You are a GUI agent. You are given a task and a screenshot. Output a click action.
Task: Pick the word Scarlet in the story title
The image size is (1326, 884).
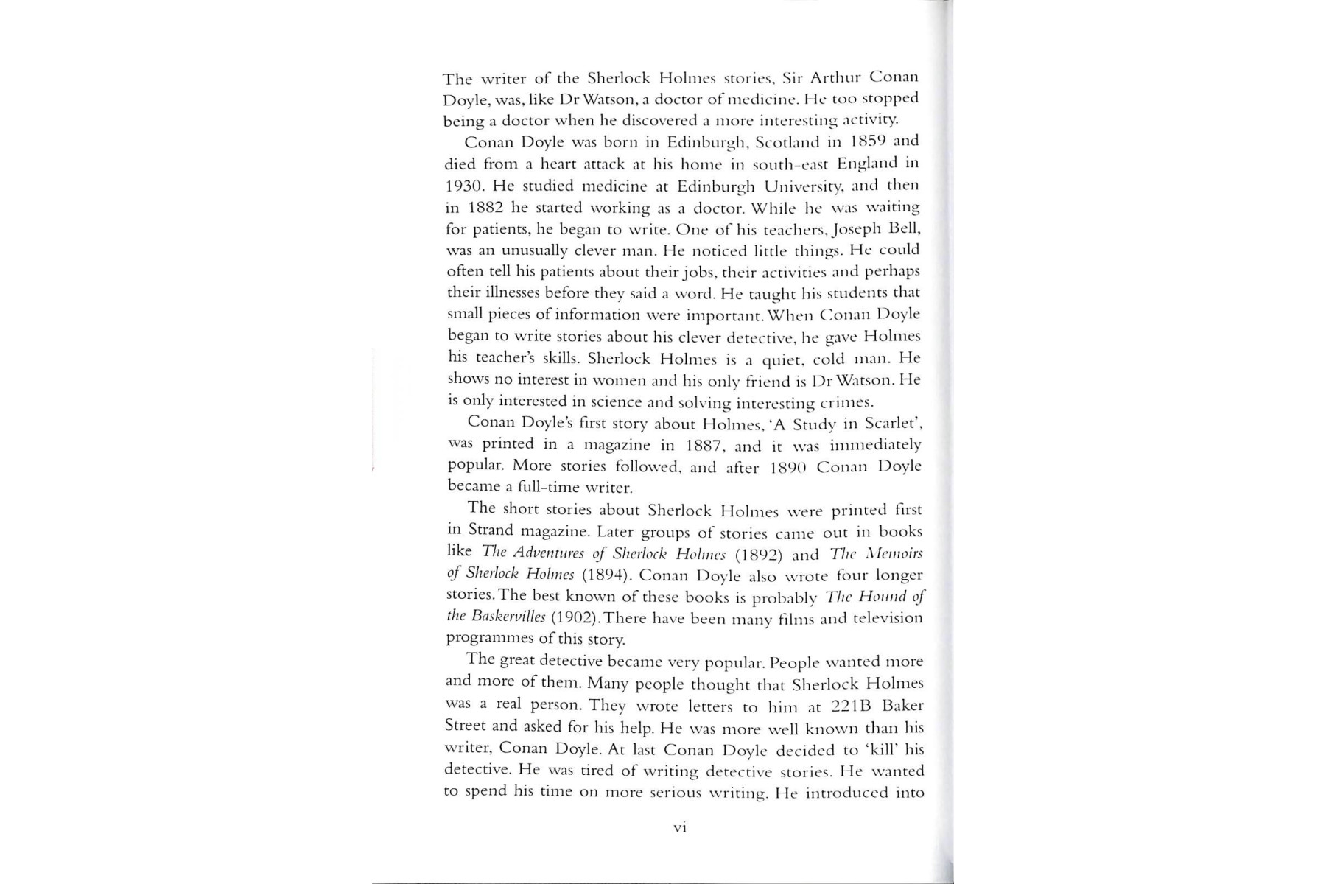click(x=891, y=424)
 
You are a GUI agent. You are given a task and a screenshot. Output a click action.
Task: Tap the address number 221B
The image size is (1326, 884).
click(x=851, y=706)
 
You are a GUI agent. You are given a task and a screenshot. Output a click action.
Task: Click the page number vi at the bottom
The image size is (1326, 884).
click(x=680, y=827)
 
